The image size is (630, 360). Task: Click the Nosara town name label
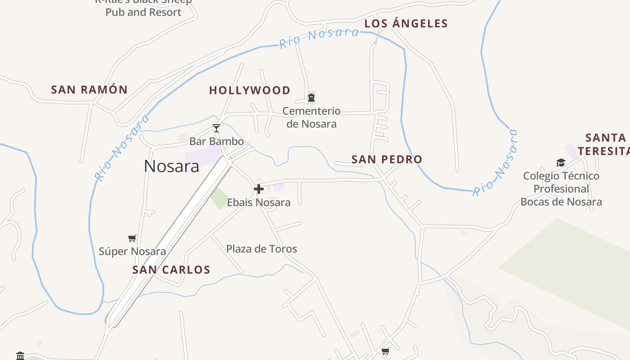tap(171, 166)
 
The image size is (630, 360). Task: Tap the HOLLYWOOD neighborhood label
tap(250, 90)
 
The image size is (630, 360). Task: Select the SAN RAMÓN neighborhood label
tap(90, 90)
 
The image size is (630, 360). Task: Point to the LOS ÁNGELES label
tap(406, 24)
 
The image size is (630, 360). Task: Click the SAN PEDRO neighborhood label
tap(387, 159)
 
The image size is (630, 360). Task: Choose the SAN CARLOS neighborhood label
tap(171, 270)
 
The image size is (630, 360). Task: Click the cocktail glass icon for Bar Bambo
tap(216, 128)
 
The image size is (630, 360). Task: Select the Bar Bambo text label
tap(216, 141)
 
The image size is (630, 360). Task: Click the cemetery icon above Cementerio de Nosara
tap(311, 97)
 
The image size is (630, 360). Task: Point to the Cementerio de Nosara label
tap(311, 117)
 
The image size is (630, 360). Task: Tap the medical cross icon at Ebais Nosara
tap(259, 189)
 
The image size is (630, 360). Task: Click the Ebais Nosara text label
tap(259, 202)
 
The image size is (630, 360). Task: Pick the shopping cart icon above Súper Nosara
tap(132, 238)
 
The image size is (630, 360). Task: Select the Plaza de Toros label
tap(261, 249)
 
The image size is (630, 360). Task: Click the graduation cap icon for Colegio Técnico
tap(561, 162)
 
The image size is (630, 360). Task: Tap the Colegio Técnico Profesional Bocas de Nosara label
tap(561, 189)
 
